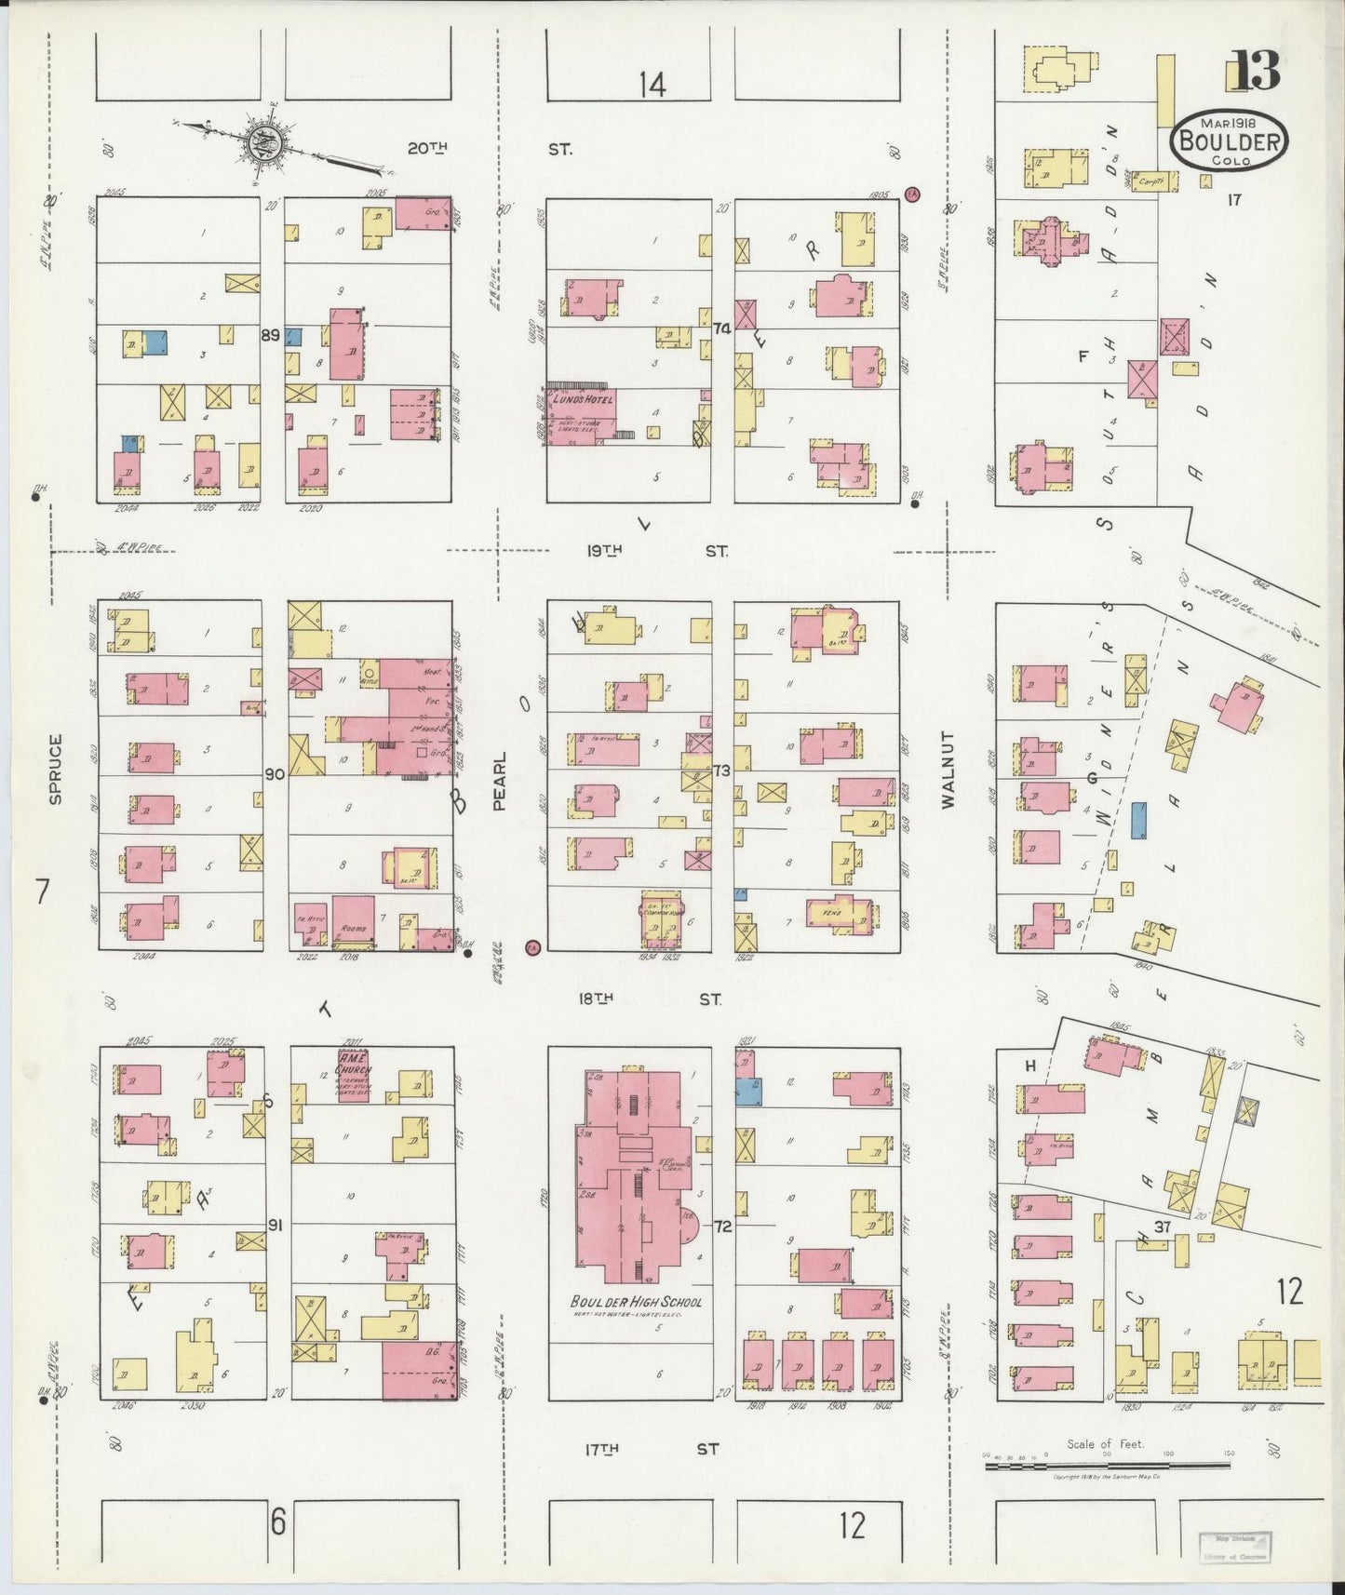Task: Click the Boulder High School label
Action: point(636,1302)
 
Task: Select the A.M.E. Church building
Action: point(353,1076)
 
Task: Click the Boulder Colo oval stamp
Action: point(1230,141)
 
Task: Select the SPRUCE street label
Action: point(55,770)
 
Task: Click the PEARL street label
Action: point(499,781)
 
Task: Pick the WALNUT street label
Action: point(948,770)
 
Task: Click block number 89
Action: point(270,335)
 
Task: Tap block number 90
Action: point(274,774)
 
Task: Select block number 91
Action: point(275,1226)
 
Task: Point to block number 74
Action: point(721,328)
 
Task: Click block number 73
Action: point(721,771)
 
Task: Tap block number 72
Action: point(723,1226)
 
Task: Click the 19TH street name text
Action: point(605,551)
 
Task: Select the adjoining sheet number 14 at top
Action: point(652,86)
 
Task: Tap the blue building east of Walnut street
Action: point(1137,822)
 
